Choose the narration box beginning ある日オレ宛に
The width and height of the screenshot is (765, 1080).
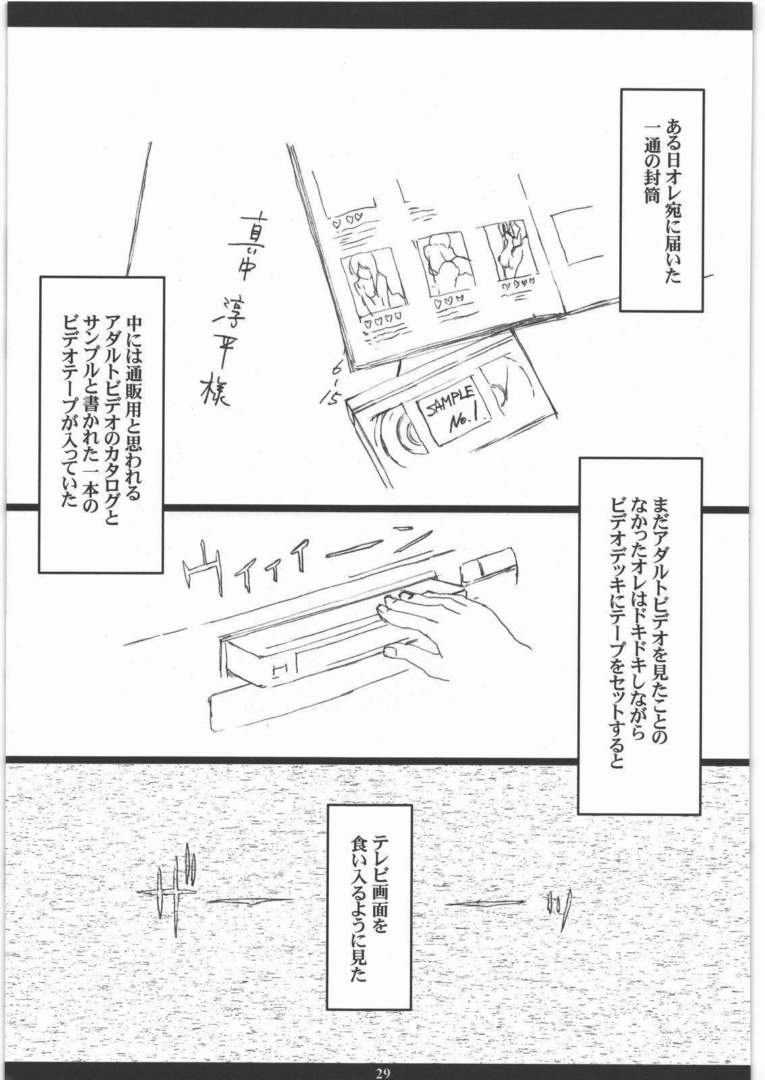[662, 200]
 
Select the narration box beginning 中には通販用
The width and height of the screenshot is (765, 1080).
[101, 425]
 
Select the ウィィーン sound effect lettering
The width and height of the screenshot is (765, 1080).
[305, 560]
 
